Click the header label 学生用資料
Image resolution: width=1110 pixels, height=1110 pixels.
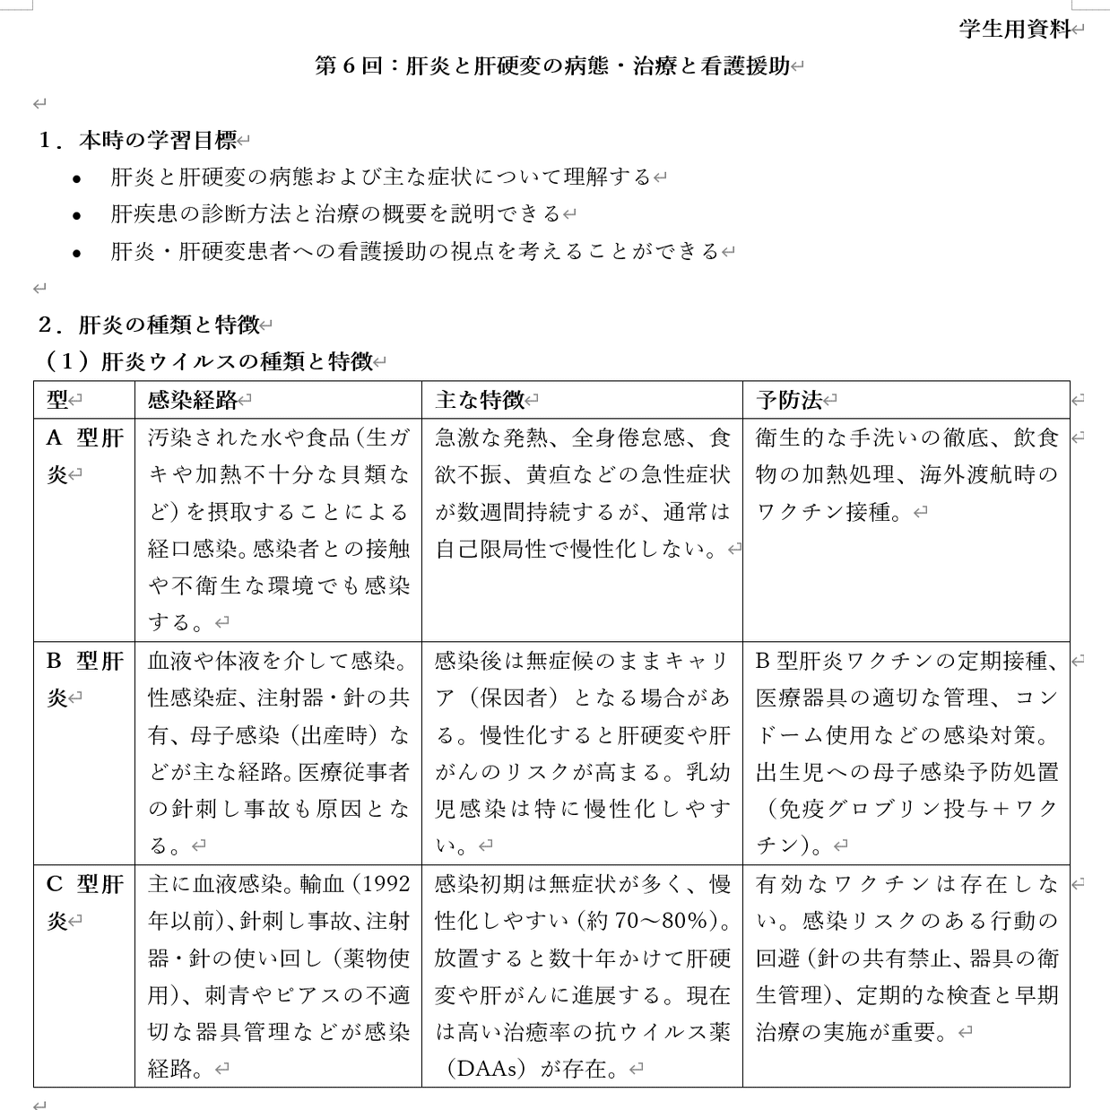click(1014, 30)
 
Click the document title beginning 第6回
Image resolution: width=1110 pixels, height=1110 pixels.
click(552, 66)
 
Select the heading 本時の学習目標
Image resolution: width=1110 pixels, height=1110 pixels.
click(157, 140)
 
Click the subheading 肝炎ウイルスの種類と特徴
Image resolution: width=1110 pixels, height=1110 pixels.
click(237, 361)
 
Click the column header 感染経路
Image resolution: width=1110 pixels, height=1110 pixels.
click(193, 400)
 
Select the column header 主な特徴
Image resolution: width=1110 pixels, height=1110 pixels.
click(480, 400)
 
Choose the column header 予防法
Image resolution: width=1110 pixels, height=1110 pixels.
click(789, 400)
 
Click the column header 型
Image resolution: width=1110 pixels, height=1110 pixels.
click(57, 400)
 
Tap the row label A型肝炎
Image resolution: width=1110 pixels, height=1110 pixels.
click(84, 455)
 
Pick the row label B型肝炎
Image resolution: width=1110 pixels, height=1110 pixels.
click(84, 679)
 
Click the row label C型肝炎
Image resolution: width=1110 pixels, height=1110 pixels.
click(84, 902)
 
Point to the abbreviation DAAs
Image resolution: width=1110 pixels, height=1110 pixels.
click(488, 1069)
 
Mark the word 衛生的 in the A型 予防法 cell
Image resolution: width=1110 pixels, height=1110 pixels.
click(790, 438)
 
